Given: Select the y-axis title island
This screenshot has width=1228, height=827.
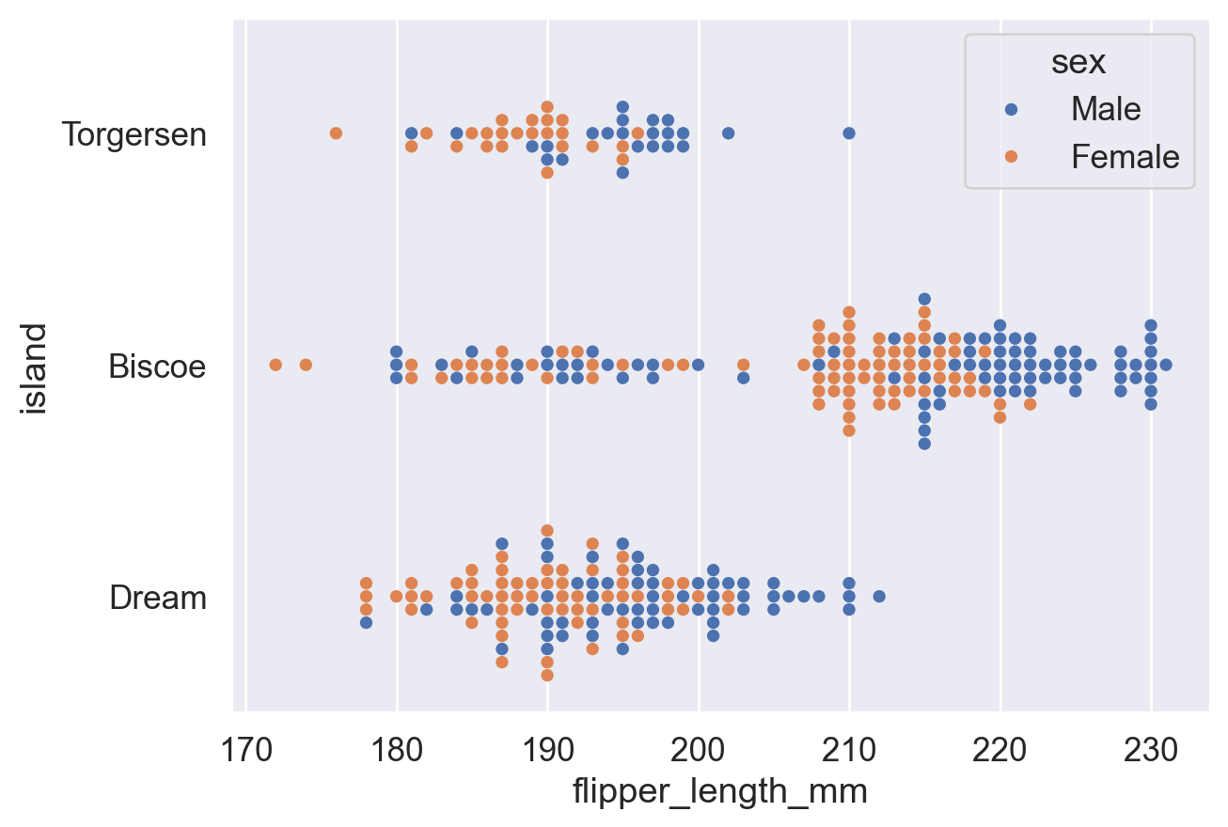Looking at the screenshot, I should (35, 367).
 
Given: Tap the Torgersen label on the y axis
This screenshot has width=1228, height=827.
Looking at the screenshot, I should (134, 134).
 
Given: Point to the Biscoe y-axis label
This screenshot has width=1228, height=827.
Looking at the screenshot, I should (157, 366).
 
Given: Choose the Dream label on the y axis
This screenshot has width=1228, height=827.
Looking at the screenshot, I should (158, 598).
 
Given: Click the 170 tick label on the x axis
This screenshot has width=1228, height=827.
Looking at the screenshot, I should (245, 750).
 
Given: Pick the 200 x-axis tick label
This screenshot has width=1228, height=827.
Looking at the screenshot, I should (698, 750).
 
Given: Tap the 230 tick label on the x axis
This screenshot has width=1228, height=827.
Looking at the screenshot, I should (1151, 750).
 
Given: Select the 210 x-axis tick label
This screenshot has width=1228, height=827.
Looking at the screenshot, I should (849, 750).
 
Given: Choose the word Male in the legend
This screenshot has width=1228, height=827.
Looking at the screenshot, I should (1106, 110).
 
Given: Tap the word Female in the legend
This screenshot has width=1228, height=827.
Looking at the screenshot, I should (1125, 157).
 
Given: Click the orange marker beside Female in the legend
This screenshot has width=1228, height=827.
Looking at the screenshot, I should (1011, 157).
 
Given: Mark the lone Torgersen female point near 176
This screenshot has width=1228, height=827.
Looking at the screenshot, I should (336, 133).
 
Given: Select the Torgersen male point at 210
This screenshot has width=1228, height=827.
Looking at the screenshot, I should (849, 133).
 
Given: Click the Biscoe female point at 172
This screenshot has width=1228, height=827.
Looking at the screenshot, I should (276, 365).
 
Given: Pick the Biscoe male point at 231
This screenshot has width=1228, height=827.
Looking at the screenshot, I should (1166, 365).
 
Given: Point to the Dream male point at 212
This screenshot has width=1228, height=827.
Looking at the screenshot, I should (879, 596).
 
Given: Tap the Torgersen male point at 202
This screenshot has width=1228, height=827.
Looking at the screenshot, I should (728, 133).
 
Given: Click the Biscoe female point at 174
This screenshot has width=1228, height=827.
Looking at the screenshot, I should (306, 365).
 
